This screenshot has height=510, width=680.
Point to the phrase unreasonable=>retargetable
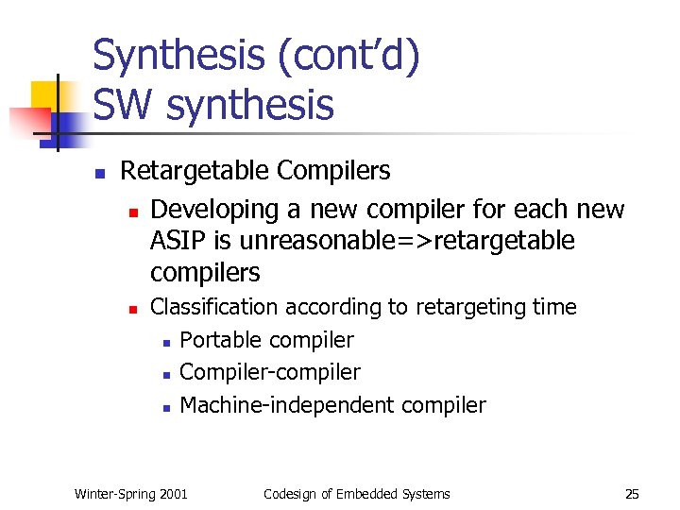[x=406, y=241]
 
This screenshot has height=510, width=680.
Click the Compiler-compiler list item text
[x=270, y=372]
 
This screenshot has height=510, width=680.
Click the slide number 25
[x=632, y=494]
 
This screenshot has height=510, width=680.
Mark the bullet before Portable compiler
[x=165, y=342]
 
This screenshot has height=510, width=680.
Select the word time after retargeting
[x=554, y=307]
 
